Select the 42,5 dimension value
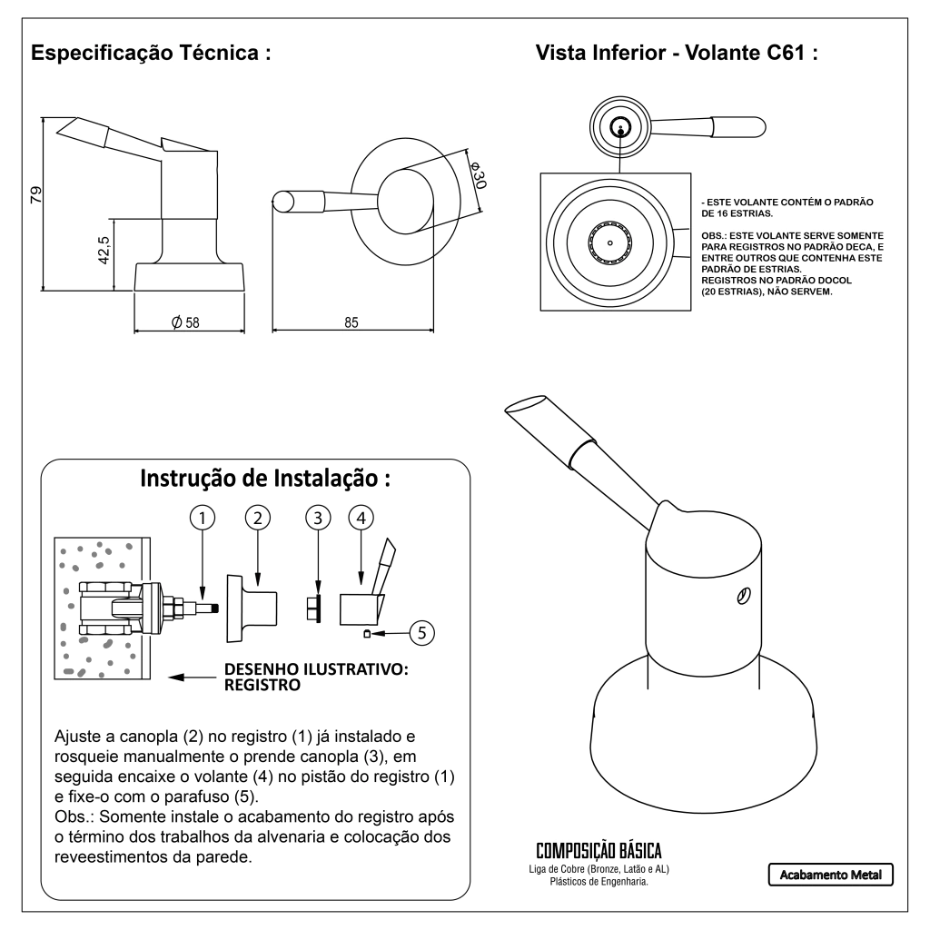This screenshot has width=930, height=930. point(104,250)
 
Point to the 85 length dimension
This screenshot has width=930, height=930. point(352,322)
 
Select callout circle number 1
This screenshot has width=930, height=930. point(202,518)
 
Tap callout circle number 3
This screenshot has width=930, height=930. point(317,518)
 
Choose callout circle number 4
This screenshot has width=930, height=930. point(361,518)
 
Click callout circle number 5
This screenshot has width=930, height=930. point(420,632)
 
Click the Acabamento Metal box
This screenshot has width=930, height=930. point(831,875)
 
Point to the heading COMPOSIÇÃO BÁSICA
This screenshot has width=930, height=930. point(599,852)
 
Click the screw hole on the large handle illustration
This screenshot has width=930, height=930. point(743,596)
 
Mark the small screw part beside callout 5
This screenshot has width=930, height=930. point(366,633)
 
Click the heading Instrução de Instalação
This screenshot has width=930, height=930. point(264,478)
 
